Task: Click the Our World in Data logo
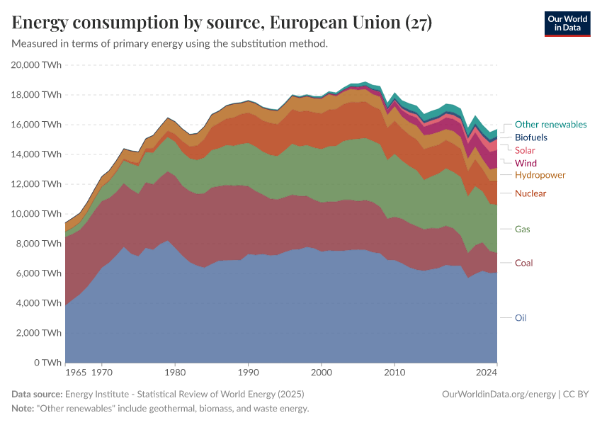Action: point(567,23)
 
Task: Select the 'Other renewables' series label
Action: point(550,125)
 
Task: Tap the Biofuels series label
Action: point(530,137)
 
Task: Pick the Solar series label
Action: point(525,150)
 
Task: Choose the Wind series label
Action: point(526,163)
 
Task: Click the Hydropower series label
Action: point(540,175)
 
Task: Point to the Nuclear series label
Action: point(530,193)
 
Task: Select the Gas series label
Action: point(522,229)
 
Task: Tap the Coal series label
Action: point(523,263)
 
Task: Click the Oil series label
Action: point(521,318)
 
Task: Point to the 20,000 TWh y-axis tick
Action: point(37,65)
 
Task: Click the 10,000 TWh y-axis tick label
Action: point(37,214)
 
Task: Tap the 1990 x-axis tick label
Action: point(248,372)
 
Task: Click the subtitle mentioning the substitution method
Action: point(170,44)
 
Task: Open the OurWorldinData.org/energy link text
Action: point(498,394)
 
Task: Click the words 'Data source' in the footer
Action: point(37,394)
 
